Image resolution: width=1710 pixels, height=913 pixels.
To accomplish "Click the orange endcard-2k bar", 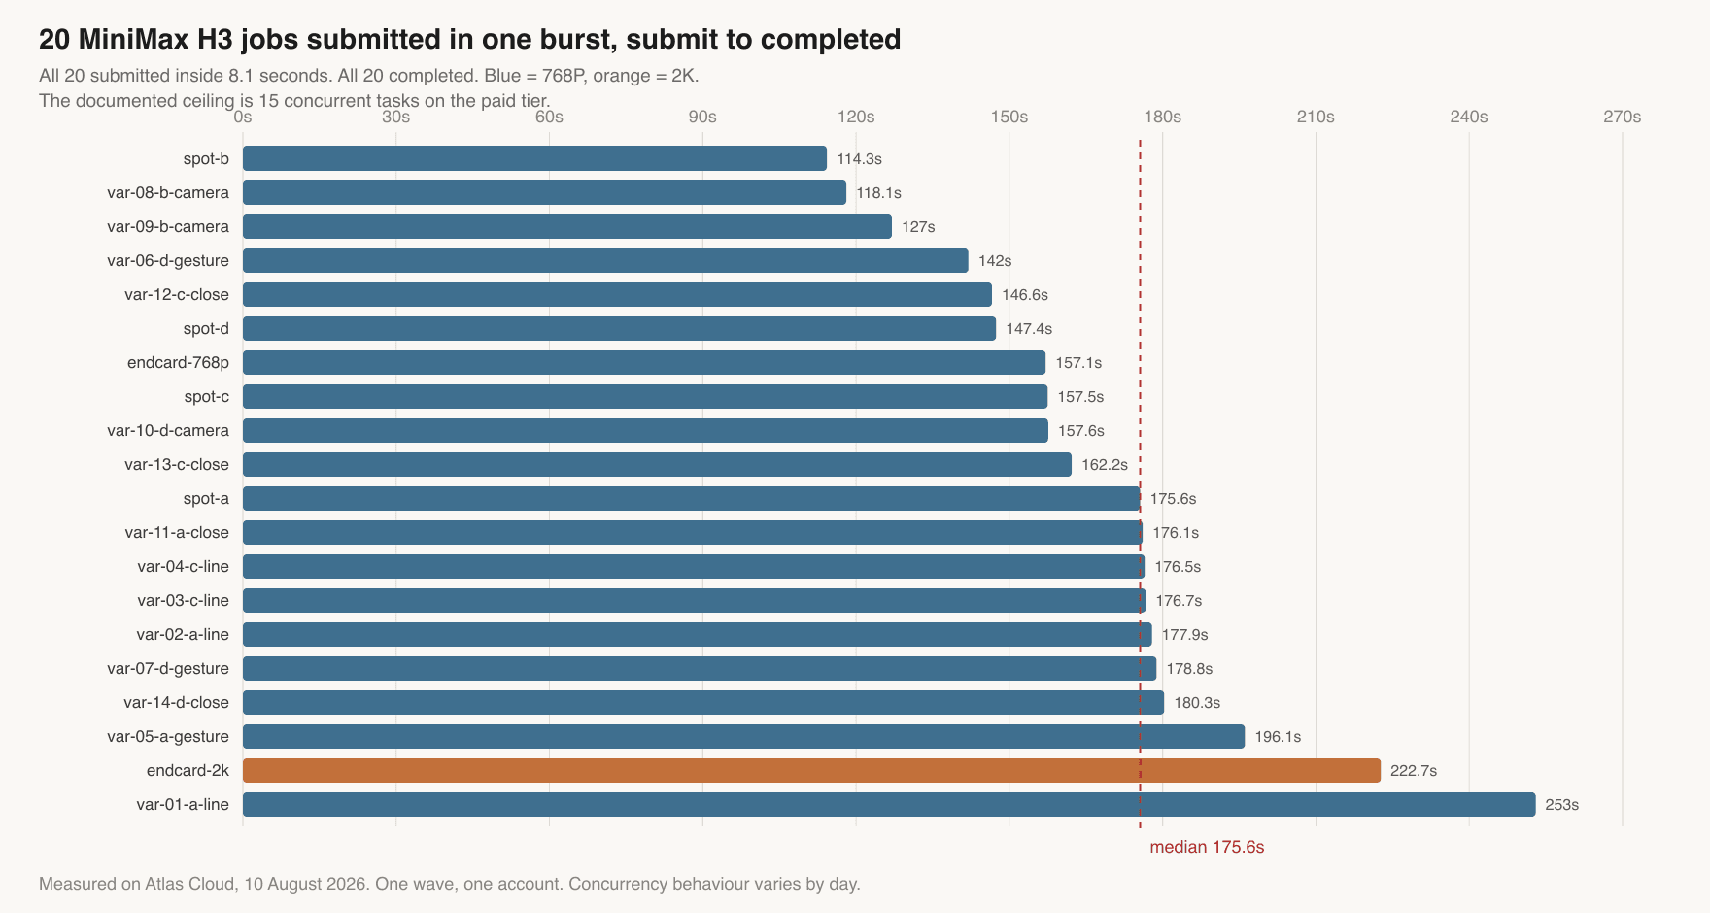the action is pyautogui.click(x=811, y=770).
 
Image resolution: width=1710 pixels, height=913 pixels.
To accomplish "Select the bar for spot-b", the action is pyautogui.click(x=534, y=158).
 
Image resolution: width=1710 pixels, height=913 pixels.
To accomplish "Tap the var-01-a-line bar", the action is pyautogui.click(x=889, y=804).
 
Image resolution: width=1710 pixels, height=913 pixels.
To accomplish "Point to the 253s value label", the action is pyautogui.click(x=1562, y=805).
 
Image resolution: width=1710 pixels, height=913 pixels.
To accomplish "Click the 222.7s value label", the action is pyautogui.click(x=1414, y=771).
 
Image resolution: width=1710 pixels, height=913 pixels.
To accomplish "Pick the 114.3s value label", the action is pyautogui.click(x=860, y=159).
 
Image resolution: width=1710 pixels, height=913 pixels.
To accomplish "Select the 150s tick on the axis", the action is pyautogui.click(x=1009, y=117).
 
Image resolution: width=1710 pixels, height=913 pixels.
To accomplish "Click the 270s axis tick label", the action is pyautogui.click(x=1623, y=117).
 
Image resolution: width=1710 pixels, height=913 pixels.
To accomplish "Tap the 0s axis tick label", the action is pyautogui.click(x=243, y=117).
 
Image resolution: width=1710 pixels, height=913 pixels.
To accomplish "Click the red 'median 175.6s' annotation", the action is pyautogui.click(x=1207, y=847).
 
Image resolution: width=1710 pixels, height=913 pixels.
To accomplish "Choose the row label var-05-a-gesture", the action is pyautogui.click(x=168, y=736).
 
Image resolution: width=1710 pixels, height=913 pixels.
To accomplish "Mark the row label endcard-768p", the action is pyautogui.click(x=178, y=362).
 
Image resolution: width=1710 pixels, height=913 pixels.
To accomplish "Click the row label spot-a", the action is pyautogui.click(x=206, y=498).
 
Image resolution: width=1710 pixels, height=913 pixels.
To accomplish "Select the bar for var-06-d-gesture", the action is pyautogui.click(x=605, y=260).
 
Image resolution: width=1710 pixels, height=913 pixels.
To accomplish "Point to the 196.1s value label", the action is pyautogui.click(x=1278, y=737).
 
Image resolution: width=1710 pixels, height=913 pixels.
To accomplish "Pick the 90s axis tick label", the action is pyautogui.click(x=702, y=117).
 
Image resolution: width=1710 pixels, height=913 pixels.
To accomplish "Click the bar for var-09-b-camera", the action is pyautogui.click(x=567, y=226).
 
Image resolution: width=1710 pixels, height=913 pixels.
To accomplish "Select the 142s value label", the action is pyautogui.click(x=995, y=261).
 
